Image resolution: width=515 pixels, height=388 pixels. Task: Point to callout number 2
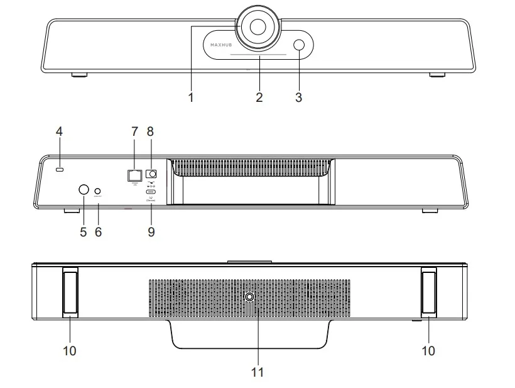(x=259, y=98)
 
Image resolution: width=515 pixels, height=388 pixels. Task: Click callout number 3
(x=298, y=98)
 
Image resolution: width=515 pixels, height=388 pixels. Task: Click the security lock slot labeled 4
(x=60, y=170)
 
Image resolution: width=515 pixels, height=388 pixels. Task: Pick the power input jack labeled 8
(x=150, y=174)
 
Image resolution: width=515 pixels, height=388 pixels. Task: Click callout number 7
(x=133, y=132)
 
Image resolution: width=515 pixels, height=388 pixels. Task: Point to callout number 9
(x=151, y=231)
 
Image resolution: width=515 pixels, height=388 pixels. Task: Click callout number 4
(x=59, y=132)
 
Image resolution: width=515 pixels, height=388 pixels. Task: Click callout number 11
(x=257, y=372)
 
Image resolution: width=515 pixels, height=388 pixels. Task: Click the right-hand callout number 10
(x=428, y=351)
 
